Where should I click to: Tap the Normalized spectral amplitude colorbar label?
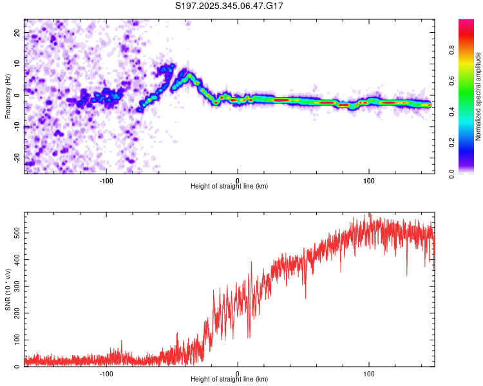pos(478,96)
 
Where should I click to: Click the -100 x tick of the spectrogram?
pos(106,179)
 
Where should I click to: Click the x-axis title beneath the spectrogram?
pos(229,186)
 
